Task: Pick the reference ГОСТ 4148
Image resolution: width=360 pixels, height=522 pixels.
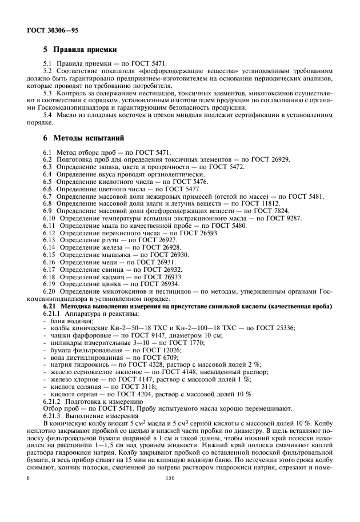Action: click(179, 372)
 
